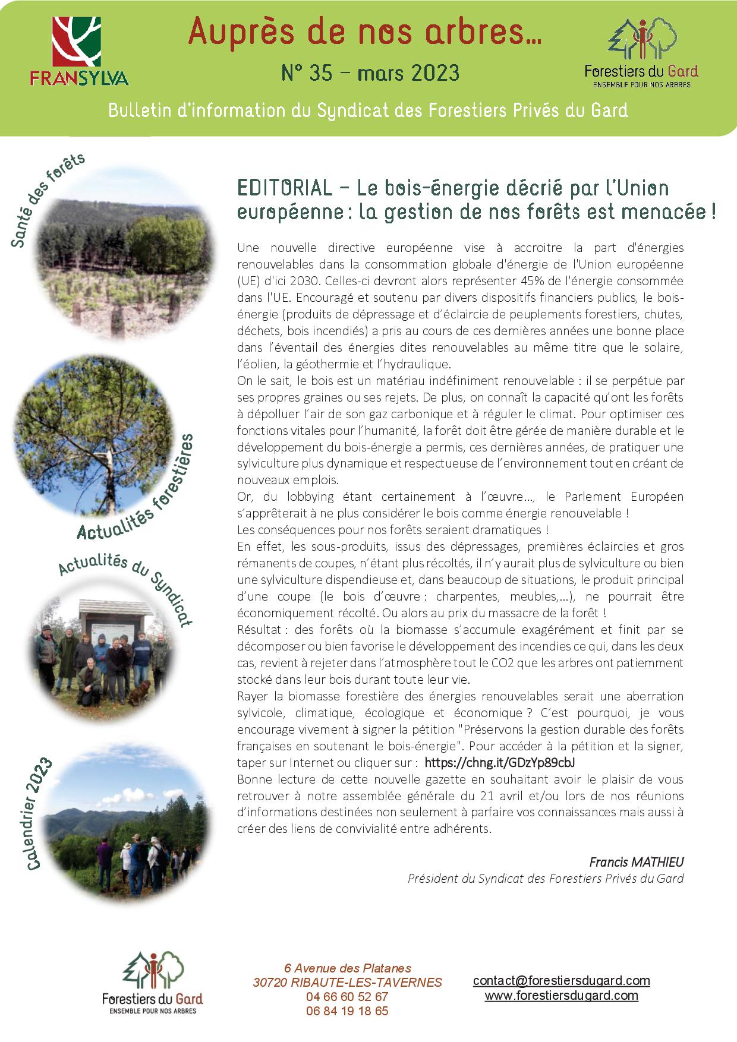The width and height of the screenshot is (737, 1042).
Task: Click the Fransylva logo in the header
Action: point(80,51)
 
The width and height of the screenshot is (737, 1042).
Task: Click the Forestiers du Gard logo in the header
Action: point(641,52)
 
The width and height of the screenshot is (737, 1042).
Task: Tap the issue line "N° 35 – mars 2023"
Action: point(370,73)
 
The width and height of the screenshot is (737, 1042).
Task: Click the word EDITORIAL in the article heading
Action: point(284,188)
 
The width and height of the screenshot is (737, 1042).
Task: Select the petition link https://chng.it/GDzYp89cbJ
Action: point(500,762)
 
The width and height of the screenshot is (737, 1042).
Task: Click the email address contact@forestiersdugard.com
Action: point(561,981)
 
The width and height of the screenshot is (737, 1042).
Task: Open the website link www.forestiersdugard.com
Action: point(561,996)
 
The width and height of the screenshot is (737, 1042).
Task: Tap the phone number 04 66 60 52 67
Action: point(347,997)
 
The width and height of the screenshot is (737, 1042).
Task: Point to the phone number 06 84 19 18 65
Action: point(347,1011)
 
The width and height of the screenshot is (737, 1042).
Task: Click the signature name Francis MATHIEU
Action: point(636,861)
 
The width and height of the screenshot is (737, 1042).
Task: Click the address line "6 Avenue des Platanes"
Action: point(347,969)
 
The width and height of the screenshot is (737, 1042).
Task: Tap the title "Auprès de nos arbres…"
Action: point(364,32)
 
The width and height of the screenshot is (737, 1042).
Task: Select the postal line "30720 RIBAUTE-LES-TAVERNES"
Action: point(347,983)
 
